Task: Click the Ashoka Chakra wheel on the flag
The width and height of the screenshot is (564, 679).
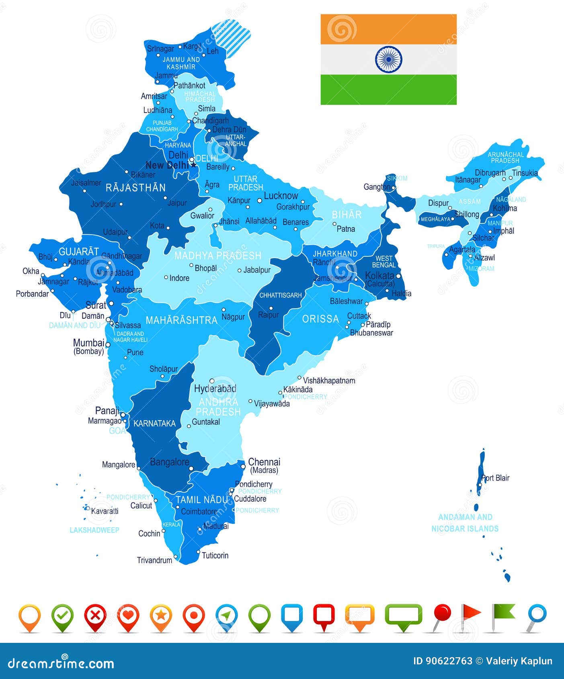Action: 388,59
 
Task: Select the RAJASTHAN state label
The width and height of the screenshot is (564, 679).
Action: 135,188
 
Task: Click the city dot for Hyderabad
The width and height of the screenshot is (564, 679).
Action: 212,381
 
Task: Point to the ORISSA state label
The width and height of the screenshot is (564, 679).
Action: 320,319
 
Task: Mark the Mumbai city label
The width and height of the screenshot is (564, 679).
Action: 88,343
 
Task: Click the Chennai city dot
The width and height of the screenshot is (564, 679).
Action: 243,466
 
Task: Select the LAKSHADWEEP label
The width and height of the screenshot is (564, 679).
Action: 94,530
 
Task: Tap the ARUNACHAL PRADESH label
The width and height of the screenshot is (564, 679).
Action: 505,157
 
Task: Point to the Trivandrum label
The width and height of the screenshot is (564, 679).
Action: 154,560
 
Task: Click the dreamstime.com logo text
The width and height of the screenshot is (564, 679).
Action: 61,663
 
